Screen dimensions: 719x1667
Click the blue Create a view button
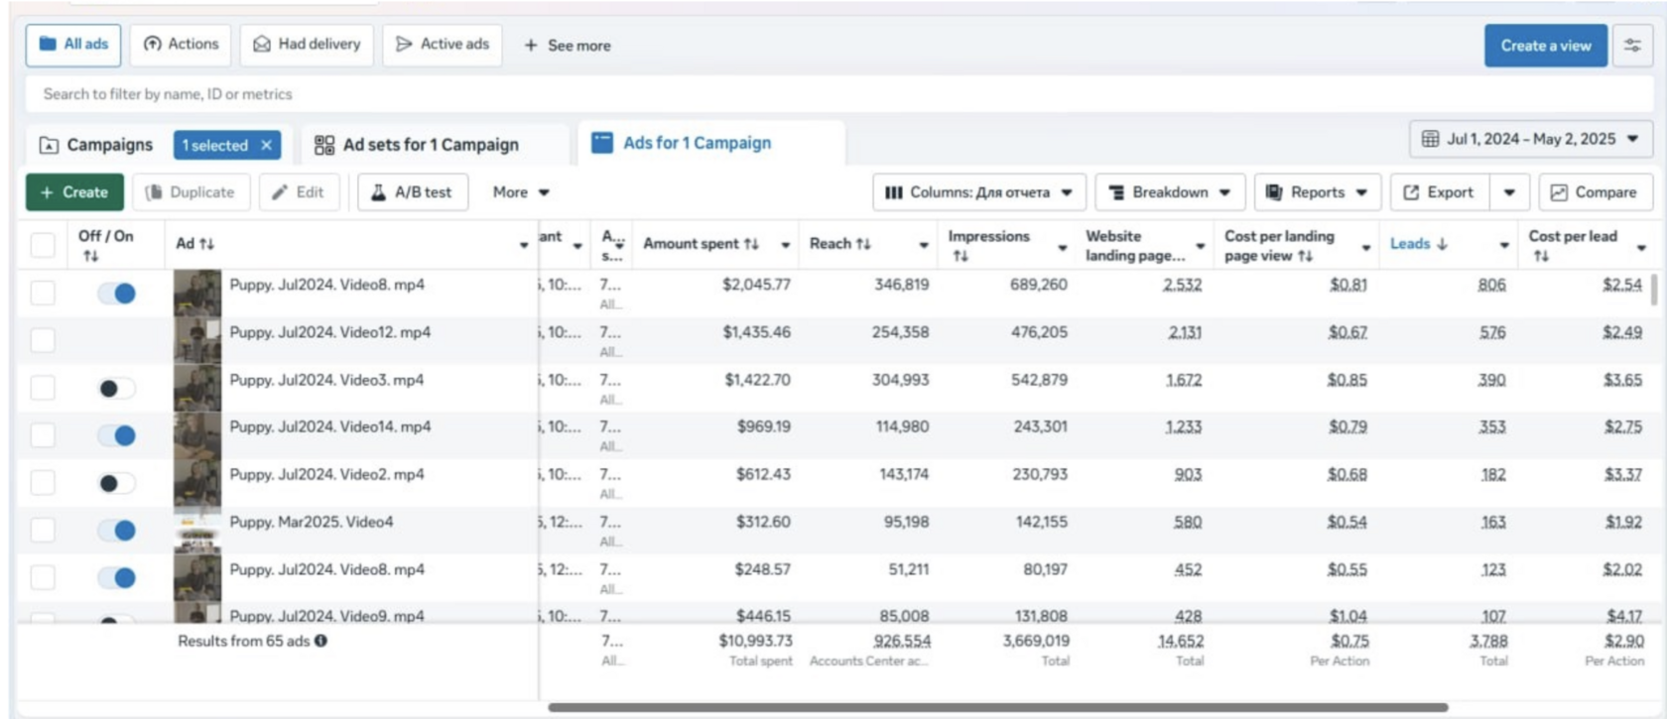[x=1545, y=46]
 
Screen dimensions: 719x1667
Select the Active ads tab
[x=443, y=45]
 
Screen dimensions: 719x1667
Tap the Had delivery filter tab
[x=307, y=45]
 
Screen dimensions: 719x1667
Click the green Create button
[x=74, y=192]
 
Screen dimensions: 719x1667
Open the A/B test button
[x=412, y=192]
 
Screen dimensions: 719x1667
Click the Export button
[x=1439, y=192]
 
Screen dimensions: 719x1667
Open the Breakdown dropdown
[x=1169, y=192]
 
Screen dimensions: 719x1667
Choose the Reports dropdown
[x=1316, y=192]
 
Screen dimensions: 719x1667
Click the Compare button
[x=1594, y=192]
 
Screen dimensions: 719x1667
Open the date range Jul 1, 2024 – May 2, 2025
[x=1530, y=139]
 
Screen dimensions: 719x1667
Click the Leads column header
[x=1410, y=244]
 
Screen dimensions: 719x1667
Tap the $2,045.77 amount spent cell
[x=756, y=285]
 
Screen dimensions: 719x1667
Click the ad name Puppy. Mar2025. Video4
[x=312, y=523]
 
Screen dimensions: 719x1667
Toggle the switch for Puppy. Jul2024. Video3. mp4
[x=116, y=389]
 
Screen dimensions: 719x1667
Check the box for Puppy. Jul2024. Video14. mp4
[x=43, y=434]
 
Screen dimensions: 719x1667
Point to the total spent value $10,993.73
[x=756, y=642]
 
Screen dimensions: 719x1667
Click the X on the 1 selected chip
[x=266, y=145]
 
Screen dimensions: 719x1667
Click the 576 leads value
[x=1492, y=332]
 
